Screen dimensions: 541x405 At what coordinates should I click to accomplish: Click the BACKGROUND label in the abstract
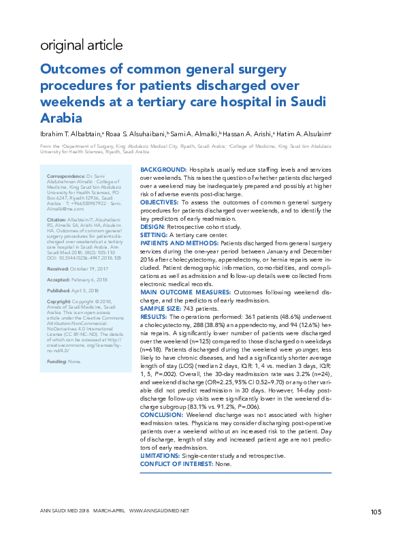[163, 168]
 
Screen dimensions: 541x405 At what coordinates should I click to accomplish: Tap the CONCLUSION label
[163, 415]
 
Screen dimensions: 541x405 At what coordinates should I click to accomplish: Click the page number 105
[376, 512]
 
